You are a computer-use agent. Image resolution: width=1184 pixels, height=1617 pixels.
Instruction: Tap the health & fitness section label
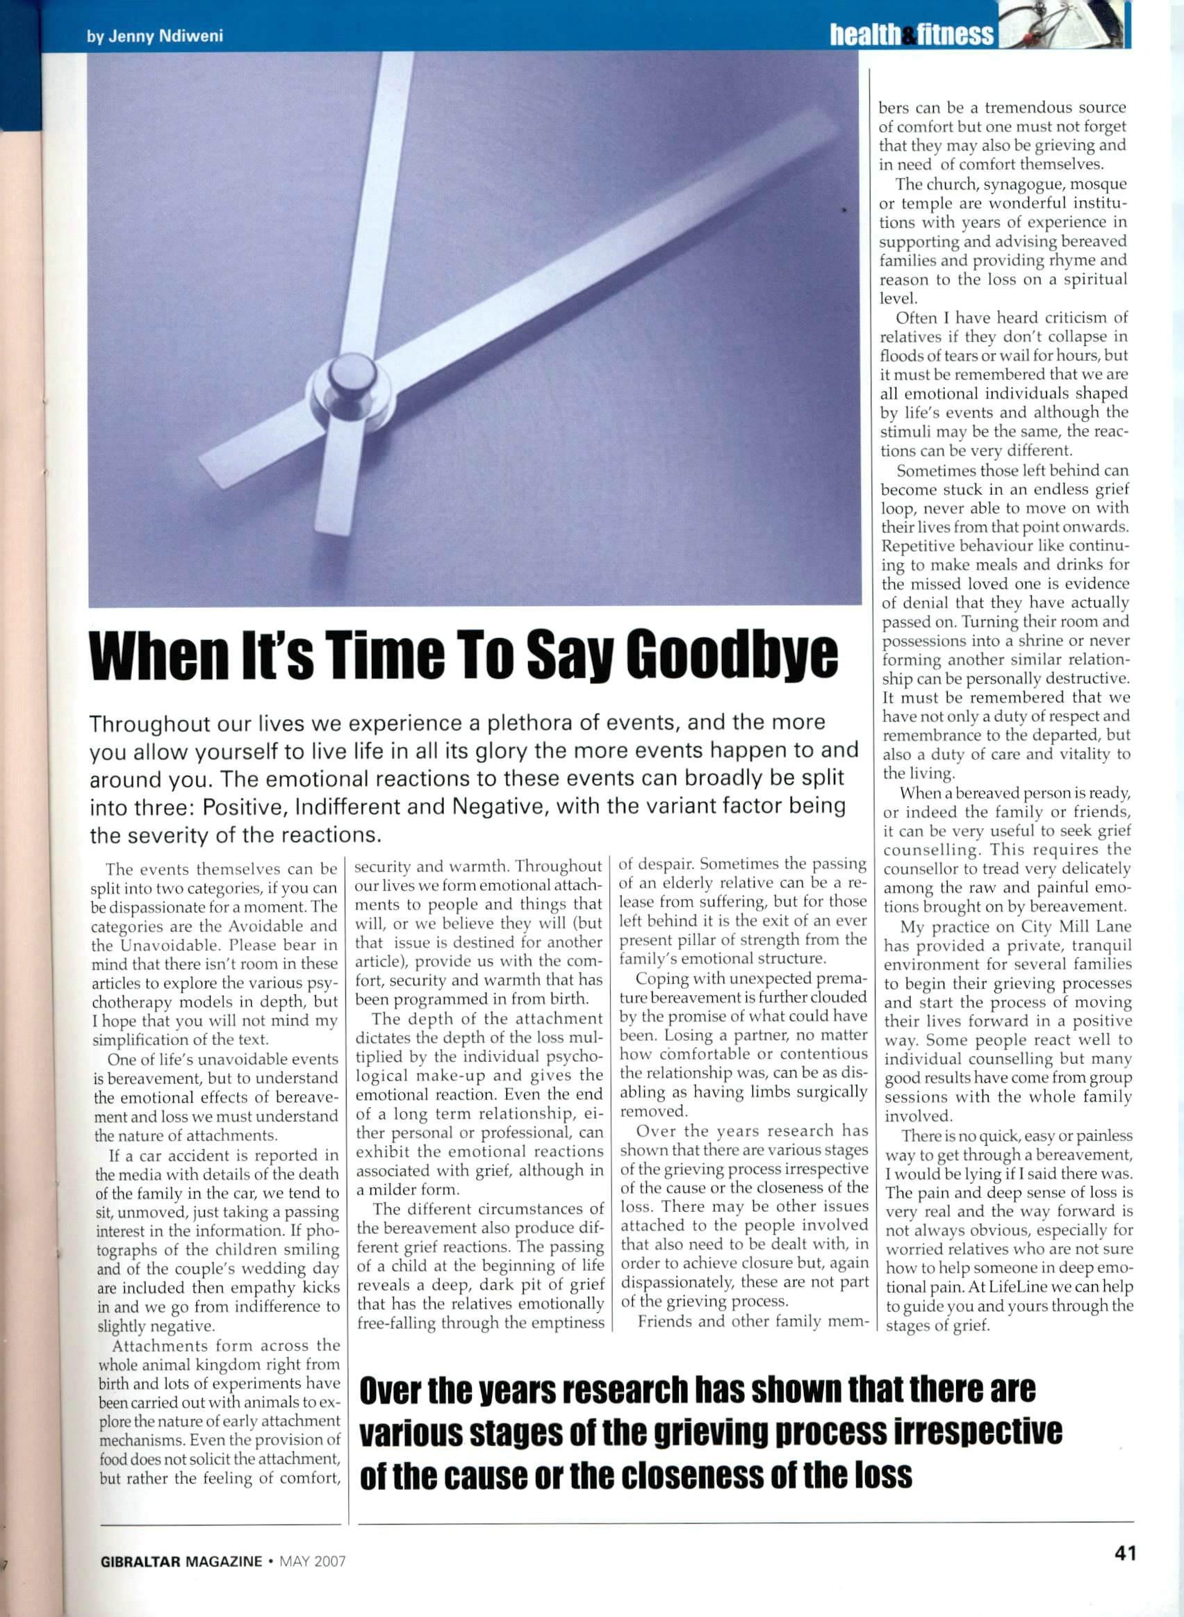(911, 33)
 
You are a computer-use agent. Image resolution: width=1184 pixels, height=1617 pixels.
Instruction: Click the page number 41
(1125, 1552)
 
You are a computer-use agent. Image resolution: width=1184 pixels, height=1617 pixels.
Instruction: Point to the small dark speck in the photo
(844, 210)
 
